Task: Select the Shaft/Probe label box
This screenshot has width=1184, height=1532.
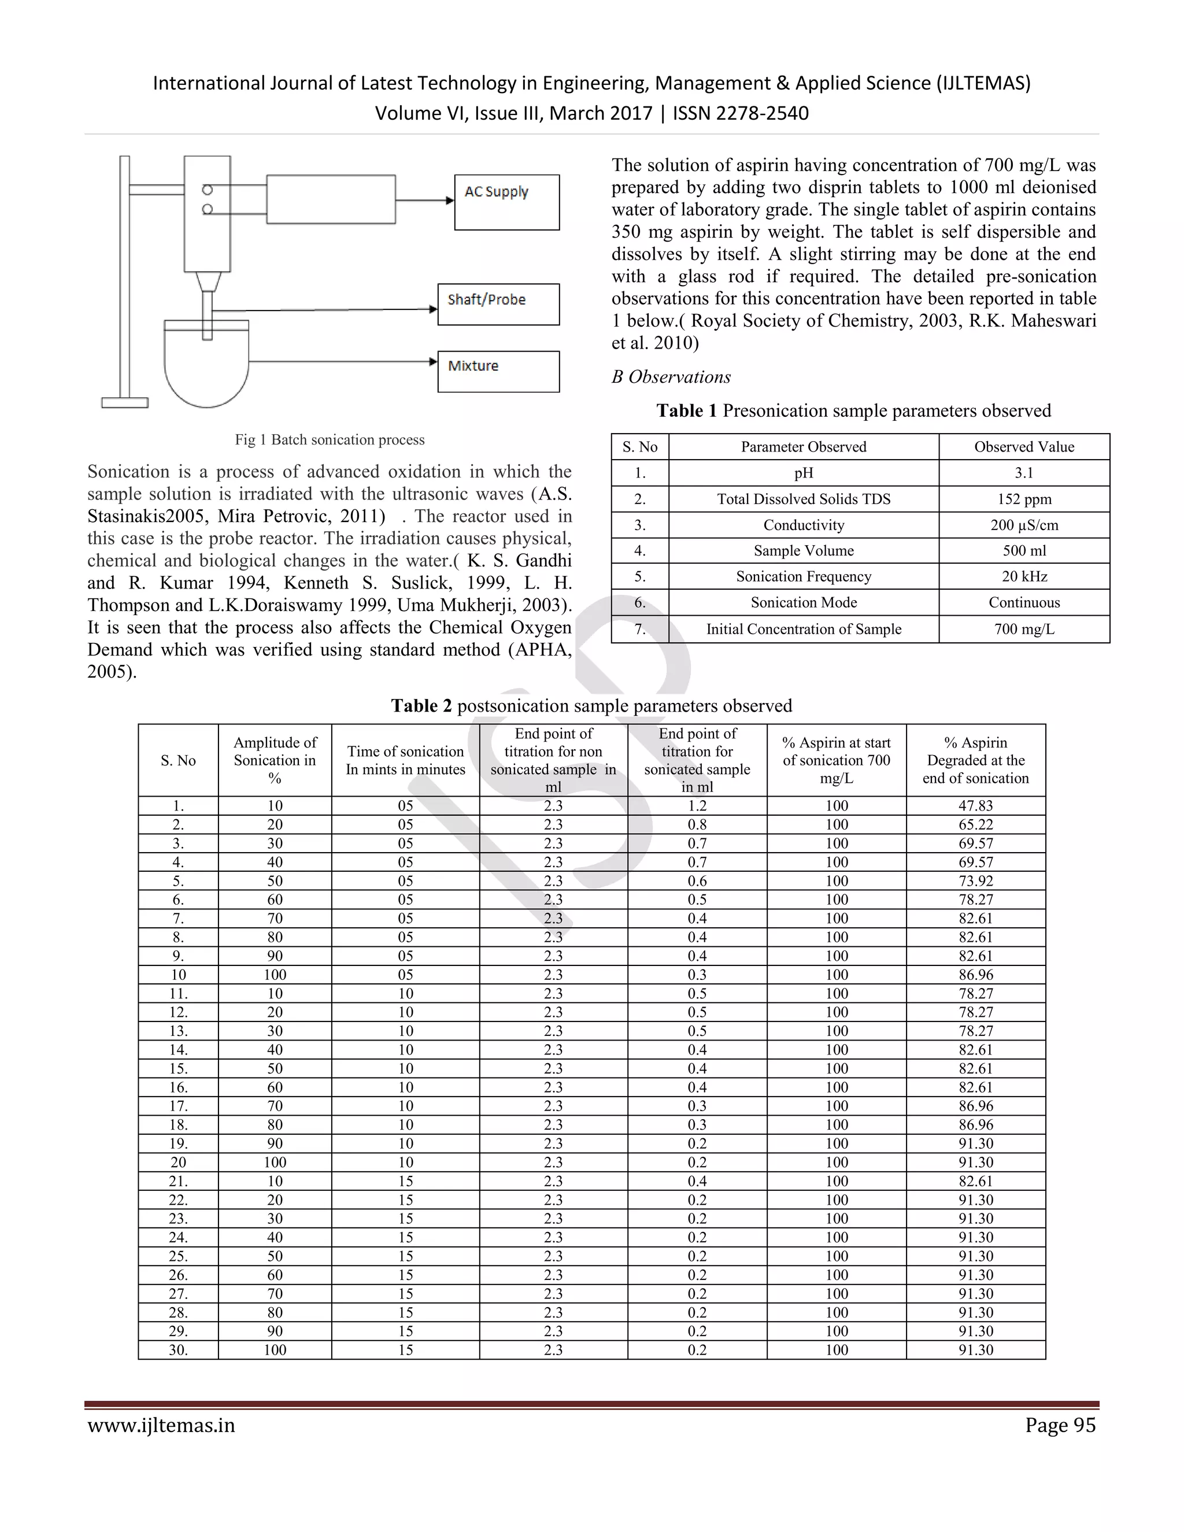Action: click(498, 304)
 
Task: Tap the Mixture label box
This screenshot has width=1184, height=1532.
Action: click(498, 371)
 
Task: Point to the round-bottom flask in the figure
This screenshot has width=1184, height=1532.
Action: click(206, 365)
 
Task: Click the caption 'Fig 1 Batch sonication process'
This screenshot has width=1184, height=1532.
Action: click(330, 440)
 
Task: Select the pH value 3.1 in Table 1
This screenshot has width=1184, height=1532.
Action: click(1023, 473)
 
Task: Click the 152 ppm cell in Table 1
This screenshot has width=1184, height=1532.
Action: click(1023, 499)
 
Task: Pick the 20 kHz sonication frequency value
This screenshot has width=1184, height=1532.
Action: click(1023, 576)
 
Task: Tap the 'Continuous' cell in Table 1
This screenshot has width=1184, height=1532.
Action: click(1023, 602)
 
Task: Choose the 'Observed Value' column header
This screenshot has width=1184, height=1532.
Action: click(1023, 447)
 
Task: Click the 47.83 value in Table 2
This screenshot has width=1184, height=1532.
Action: click(976, 806)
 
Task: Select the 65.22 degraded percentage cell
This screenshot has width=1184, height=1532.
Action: click(976, 825)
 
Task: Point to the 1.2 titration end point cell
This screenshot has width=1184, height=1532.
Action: click(697, 806)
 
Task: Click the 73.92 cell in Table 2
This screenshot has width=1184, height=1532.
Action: click(976, 881)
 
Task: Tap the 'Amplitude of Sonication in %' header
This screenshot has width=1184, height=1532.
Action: click(275, 760)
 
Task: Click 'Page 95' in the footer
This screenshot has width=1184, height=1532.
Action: click(1060, 1426)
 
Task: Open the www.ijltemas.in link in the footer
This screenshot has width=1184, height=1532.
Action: click(161, 1426)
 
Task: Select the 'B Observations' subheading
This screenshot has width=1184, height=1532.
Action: click(671, 377)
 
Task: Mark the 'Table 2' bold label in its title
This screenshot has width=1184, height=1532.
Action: click(421, 706)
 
